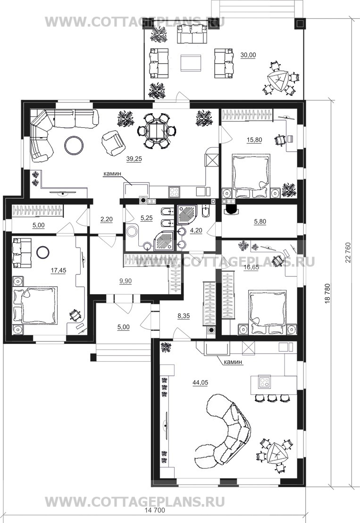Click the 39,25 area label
[134, 159]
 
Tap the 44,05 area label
[200, 382]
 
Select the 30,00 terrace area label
[248, 55]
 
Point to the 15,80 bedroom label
[254, 140]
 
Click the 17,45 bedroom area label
[59, 271]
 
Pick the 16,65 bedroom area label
[251, 267]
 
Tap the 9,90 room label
[126, 281]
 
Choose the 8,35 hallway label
[184, 316]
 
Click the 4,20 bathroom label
[196, 231]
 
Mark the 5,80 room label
[260, 222]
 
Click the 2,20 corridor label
[107, 219]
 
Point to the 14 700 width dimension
[155, 510]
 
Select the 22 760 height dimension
[348, 252]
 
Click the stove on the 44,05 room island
[265, 382]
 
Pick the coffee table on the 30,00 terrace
[191, 63]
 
